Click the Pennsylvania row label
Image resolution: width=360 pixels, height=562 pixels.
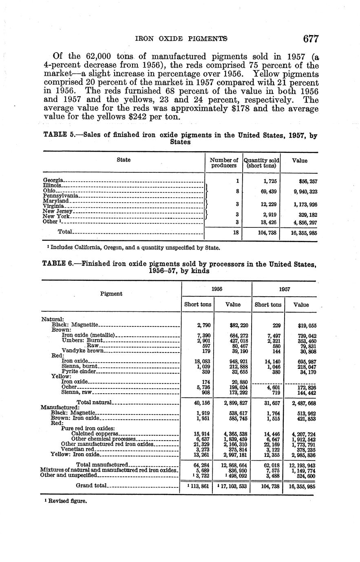(x=60, y=196)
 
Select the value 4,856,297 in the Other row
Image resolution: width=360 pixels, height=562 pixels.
(x=303, y=222)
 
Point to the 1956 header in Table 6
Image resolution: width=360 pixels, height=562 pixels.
(x=216, y=289)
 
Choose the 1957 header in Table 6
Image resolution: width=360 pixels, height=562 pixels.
(x=284, y=289)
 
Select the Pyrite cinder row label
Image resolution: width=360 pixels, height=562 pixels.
(x=79, y=371)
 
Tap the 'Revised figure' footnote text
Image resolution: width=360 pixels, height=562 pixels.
(x=68, y=501)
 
